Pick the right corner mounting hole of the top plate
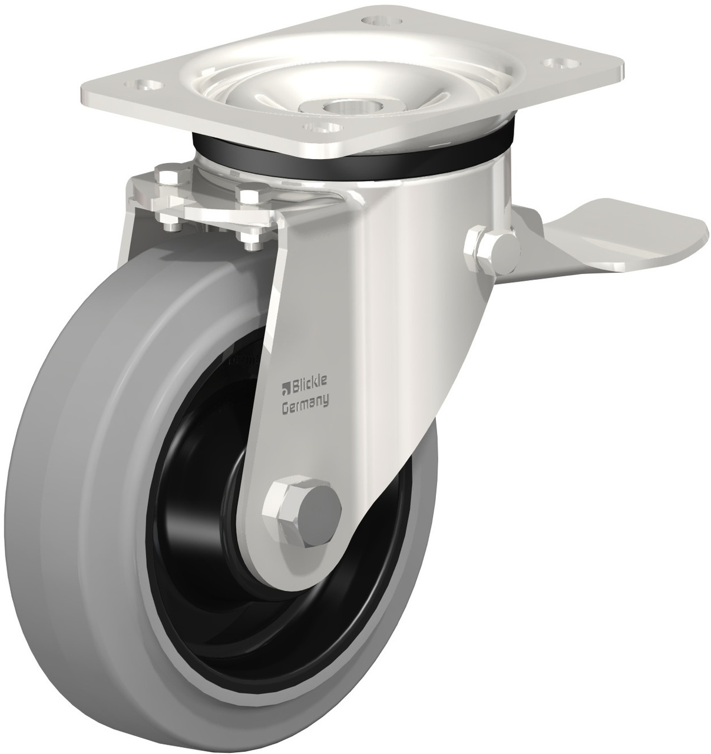pos(558,61)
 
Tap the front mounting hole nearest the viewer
pos(323,127)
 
